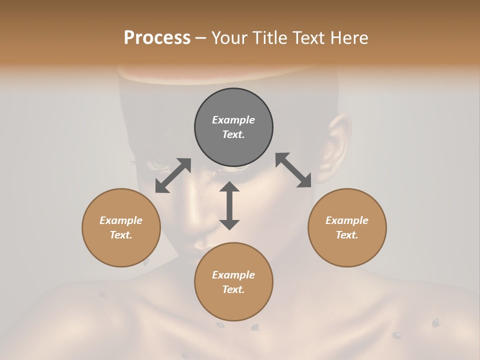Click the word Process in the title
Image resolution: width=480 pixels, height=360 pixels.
(157, 38)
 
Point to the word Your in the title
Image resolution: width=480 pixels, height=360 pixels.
(227, 38)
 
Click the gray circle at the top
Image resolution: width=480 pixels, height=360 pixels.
(233, 127)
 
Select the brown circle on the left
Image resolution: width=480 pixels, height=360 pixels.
(121, 227)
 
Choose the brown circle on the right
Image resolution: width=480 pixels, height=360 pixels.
(347, 227)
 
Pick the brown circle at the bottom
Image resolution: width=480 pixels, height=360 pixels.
(233, 282)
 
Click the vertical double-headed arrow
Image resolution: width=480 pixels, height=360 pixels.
(229, 205)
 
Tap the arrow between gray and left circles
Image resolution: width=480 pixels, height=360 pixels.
(173, 175)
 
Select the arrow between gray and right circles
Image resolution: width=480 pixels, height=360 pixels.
(293, 170)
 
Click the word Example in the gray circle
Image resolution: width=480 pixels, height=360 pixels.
(233, 120)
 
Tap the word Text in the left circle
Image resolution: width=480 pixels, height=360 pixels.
(121, 235)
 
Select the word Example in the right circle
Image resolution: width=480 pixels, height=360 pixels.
(347, 220)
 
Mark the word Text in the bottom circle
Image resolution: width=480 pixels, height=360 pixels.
(233, 289)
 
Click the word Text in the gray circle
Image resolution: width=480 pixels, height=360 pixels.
(233, 134)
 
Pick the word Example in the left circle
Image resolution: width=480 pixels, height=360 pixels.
(121, 220)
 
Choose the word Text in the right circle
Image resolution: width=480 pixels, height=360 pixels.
(347, 235)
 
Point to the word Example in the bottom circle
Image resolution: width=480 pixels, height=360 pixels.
(233, 275)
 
